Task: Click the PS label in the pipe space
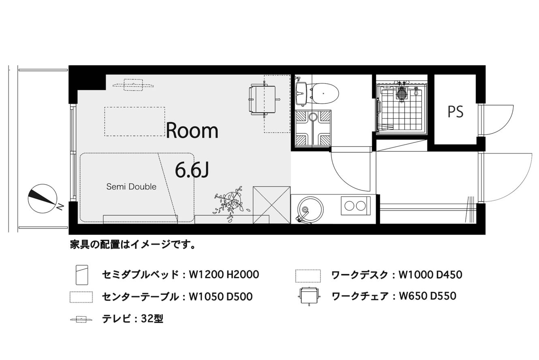pyautogui.click(x=455, y=112)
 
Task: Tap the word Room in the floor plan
pyautogui.click(x=192, y=130)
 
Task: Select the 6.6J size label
pyautogui.click(x=192, y=170)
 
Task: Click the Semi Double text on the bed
pyautogui.click(x=131, y=187)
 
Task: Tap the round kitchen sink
pyautogui.click(x=310, y=210)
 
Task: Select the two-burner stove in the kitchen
pyautogui.click(x=355, y=206)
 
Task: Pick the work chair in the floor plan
pyautogui.click(x=264, y=99)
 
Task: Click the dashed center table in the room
pyautogui.click(x=135, y=121)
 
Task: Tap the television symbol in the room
pyautogui.click(x=134, y=85)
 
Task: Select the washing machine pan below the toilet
pyautogui.click(x=313, y=128)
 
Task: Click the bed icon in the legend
pyautogui.click(x=82, y=275)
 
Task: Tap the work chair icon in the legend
pyautogui.click(x=309, y=296)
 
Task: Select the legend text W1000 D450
pyautogui.click(x=430, y=275)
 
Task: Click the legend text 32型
pyautogui.click(x=152, y=319)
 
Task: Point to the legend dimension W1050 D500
pyautogui.click(x=220, y=297)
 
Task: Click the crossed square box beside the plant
pyautogui.click(x=272, y=205)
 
